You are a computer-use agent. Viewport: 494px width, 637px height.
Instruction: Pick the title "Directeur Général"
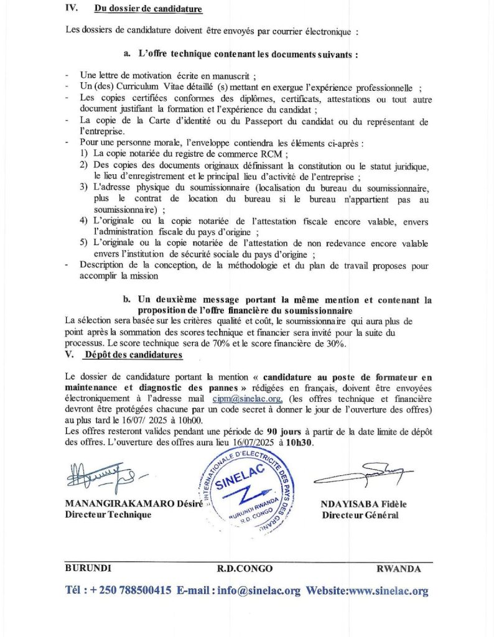click(x=360, y=515)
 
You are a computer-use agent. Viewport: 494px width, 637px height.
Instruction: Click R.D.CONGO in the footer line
click(x=245, y=569)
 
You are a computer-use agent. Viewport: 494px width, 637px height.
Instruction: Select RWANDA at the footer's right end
click(x=398, y=569)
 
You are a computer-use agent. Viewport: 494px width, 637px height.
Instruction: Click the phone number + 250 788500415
click(x=126, y=591)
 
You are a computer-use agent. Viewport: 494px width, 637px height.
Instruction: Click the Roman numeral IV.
click(x=71, y=9)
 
